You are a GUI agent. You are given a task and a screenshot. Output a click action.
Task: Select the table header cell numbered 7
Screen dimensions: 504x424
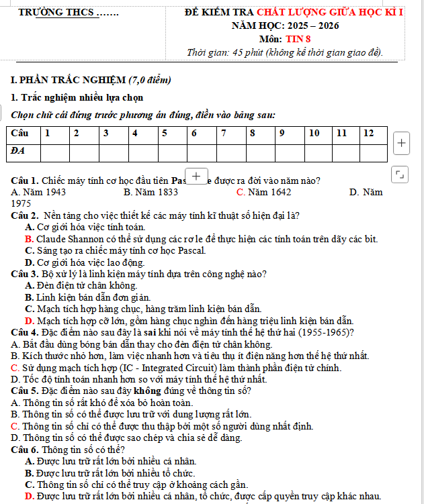point(223,133)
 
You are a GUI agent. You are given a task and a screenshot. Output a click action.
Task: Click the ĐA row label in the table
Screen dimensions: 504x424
point(19,150)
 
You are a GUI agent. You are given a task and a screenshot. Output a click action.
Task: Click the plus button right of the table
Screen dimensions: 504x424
point(401,143)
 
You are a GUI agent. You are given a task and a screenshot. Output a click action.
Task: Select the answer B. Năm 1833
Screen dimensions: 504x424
point(151,193)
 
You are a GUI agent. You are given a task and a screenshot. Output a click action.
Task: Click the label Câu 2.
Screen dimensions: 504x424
point(24,215)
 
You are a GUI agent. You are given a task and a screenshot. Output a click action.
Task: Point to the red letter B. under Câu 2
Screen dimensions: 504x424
point(29,239)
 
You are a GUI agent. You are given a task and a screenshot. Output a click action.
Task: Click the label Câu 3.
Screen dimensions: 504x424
point(24,274)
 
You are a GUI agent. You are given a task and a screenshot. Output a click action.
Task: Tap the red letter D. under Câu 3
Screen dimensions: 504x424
point(29,321)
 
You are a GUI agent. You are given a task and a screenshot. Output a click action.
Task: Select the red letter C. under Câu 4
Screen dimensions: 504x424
point(15,368)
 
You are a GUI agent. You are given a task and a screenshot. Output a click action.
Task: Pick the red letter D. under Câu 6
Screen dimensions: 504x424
point(29,496)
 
